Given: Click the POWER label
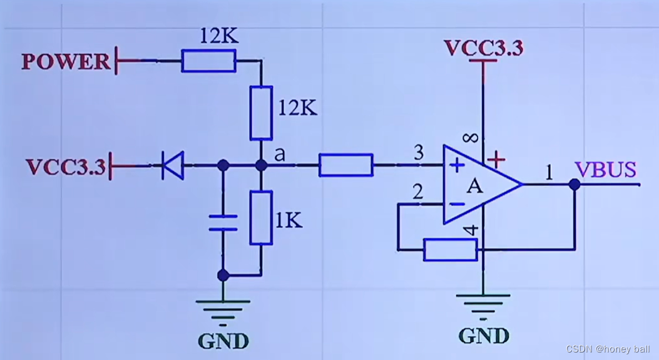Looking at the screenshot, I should [x=66, y=61].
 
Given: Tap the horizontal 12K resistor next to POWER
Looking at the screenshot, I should [x=209, y=61].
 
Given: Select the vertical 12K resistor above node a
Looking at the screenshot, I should [x=261, y=113].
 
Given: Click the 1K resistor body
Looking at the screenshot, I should [x=261, y=218].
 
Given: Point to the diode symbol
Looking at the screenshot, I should [x=173, y=165].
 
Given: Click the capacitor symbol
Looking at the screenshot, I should [x=223, y=222].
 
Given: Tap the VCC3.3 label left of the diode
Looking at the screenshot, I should [x=66, y=167].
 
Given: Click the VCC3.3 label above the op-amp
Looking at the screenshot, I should [x=483, y=48].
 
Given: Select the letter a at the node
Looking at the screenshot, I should [x=280, y=155].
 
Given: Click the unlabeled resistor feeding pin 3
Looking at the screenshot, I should [x=346, y=165].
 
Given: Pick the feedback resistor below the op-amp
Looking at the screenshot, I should [x=450, y=249].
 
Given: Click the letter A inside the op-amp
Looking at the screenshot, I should [x=475, y=186].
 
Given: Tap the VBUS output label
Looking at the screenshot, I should [x=605, y=170].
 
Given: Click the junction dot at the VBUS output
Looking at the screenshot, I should [x=575, y=184].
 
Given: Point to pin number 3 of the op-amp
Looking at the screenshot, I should [x=419, y=152].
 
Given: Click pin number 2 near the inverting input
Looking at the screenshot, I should [x=418, y=192].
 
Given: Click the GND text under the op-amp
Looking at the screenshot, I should [x=484, y=336].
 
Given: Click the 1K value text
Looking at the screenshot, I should [x=289, y=220].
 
